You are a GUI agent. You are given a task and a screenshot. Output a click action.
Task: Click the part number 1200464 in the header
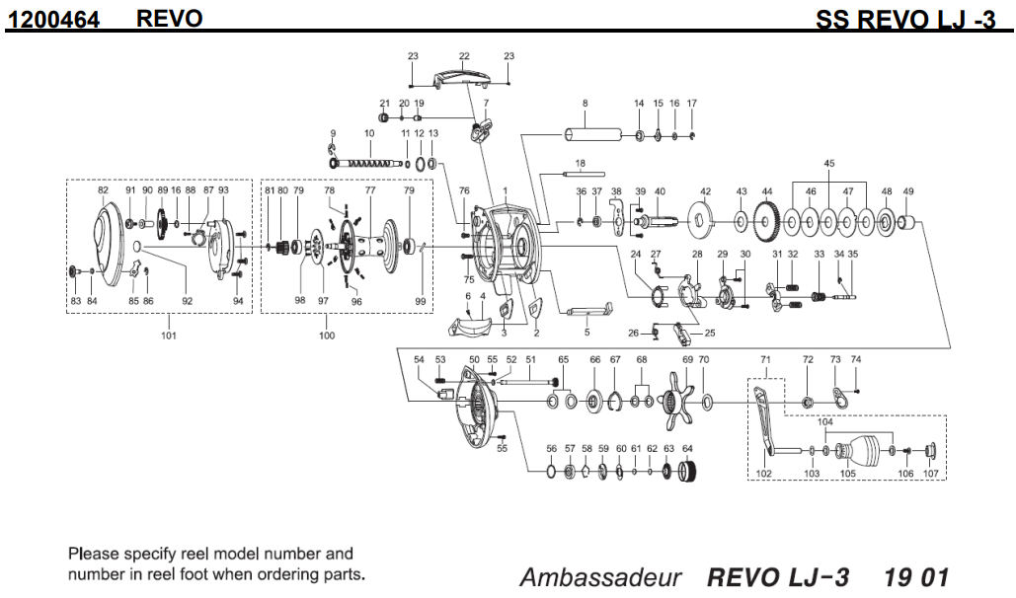pos(54,18)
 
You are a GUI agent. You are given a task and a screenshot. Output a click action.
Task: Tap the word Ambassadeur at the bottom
pos(600,577)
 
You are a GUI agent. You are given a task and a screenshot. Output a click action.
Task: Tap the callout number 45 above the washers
pos(829,163)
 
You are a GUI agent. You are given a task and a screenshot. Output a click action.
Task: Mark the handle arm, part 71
pos(766,425)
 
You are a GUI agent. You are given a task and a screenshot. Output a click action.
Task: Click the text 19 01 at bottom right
pos(916,577)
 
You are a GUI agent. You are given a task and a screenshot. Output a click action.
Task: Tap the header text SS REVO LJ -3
pos(905,20)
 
